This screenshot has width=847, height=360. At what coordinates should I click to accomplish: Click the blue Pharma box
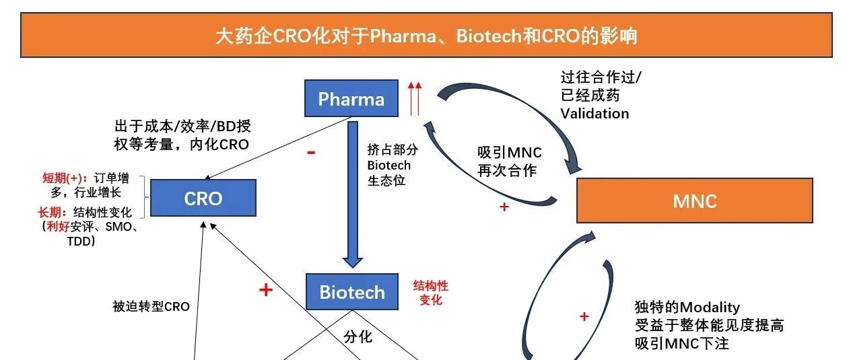(351, 100)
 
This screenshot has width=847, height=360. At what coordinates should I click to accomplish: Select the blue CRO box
(203, 198)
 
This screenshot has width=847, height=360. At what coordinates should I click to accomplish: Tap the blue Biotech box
(352, 291)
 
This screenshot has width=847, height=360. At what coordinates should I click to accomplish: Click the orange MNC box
(694, 201)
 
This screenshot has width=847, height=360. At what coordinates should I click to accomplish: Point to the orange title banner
(426, 35)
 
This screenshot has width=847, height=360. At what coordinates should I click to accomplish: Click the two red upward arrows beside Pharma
(415, 98)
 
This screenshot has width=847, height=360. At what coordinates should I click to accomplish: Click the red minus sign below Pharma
(311, 153)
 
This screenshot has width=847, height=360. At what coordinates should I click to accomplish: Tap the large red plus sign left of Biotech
(266, 290)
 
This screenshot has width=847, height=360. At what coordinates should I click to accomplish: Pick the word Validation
(595, 113)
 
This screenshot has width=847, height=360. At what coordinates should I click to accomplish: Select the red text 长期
(53, 213)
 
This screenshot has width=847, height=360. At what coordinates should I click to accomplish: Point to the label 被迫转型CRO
(151, 307)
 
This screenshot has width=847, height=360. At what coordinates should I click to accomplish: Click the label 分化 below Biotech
(358, 336)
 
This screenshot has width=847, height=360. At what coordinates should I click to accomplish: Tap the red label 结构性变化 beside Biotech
(430, 292)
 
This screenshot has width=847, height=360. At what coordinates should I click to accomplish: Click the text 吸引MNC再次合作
(509, 161)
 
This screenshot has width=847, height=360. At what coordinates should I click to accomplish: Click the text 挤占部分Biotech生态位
(389, 165)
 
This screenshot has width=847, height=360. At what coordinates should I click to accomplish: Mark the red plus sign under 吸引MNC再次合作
(504, 207)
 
